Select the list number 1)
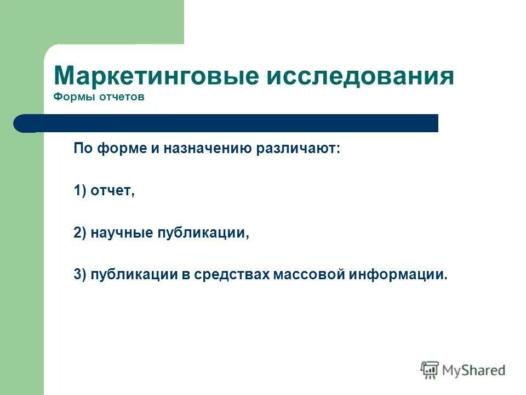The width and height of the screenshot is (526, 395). pos(81,191)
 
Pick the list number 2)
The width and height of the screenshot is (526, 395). pos(81,233)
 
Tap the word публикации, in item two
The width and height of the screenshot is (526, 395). pos(203,233)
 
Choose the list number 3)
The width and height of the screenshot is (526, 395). pos(81,275)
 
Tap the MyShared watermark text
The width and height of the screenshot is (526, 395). pos(473,370)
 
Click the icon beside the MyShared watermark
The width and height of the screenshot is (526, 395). pos(430,370)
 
